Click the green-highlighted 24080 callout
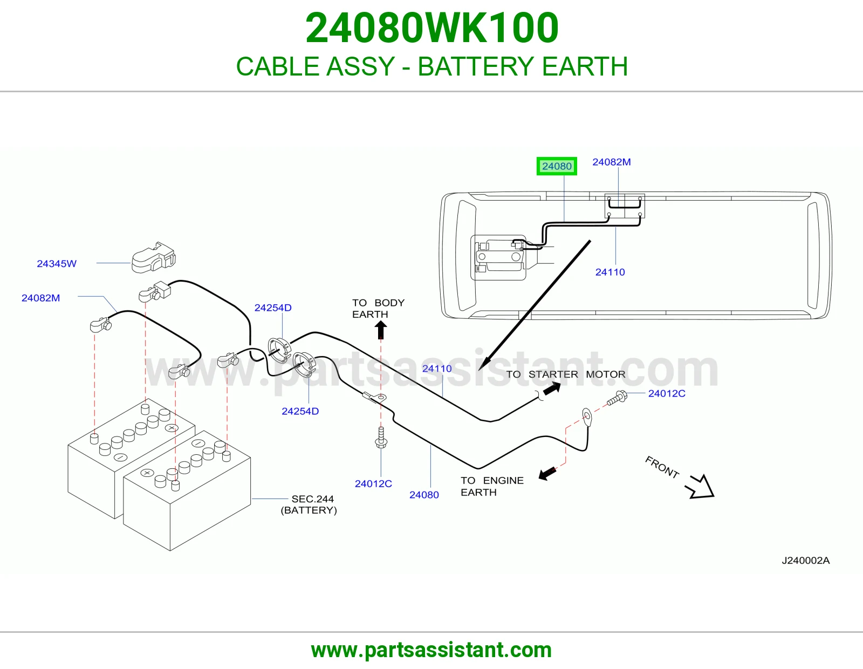point(557,166)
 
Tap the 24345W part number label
point(57,264)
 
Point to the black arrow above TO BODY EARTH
point(381,329)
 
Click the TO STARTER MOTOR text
point(566,374)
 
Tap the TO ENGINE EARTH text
point(492,486)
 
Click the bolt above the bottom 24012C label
point(381,438)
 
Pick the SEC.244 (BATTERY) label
point(309,504)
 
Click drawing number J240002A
point(805,561)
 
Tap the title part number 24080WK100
point(432,28)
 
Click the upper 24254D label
point(273,308)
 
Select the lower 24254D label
point(300,411)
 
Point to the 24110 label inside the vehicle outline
point(610,272)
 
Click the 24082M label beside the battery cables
point(40,298)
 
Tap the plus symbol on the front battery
point(147,473)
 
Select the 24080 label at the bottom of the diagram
point(424,495)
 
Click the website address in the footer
point(432,650)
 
